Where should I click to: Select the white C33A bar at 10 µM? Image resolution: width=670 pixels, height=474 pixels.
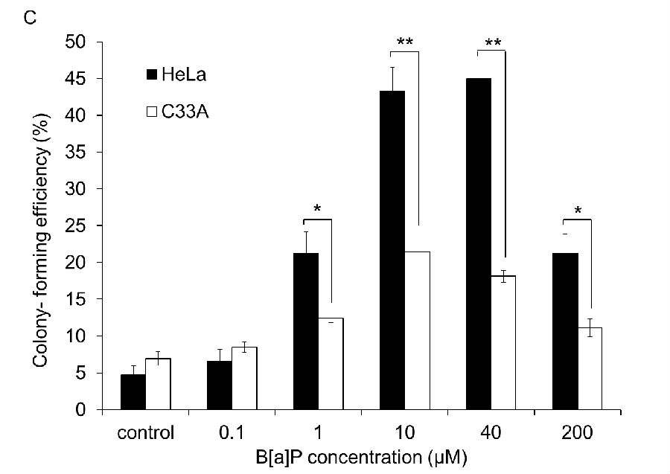(x=417, y=330)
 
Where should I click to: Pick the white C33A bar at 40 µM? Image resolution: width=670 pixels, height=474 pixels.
(x=503, y=342)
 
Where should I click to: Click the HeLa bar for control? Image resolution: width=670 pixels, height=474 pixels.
(x=133, y=392)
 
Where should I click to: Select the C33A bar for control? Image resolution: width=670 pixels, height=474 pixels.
(x=157, y=384)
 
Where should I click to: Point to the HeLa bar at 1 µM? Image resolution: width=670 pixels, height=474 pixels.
(x=306, y=331)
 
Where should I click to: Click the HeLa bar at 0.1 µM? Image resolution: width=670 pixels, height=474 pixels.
(x=219, y=385)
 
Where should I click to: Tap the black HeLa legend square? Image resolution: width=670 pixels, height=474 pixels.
(x=151, y=74)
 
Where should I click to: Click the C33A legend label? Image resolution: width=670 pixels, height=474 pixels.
(x=182, y=112)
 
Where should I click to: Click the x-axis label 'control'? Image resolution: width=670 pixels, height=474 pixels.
(x=146, y=432)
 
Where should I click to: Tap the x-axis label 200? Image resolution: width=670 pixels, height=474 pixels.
(x=578, y=432)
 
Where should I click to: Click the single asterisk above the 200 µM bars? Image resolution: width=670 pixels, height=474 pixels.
(x=577, y=211)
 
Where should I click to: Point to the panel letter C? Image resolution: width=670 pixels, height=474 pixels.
(x=31, y=17)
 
